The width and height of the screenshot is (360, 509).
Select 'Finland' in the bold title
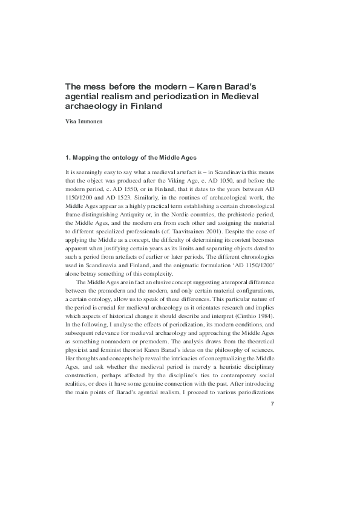click(146, 106)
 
